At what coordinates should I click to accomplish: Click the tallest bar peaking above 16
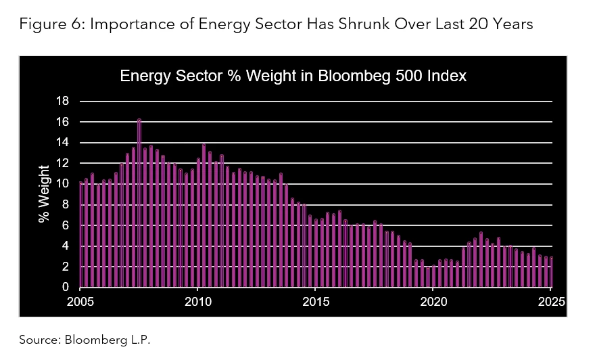(x=139, y=203)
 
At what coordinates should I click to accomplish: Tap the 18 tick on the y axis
(x=62, y=102)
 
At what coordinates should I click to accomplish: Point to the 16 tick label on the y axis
(x=62, y=122)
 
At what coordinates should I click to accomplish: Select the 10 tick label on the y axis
(x=62, y=184)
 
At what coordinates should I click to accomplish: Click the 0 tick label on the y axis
(x=66, y=288)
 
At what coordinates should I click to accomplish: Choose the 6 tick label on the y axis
(x=66, y=225)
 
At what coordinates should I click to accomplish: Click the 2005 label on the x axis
(x=80, y=301)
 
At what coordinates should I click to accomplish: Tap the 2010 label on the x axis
(x=197, y=301)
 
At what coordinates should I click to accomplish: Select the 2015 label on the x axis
(x=316, y=301)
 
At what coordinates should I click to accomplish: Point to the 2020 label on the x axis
(x=433, y=301)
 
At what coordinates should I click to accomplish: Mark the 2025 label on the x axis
(x=551, y=301)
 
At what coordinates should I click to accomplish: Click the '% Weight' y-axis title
(x=44, y=194)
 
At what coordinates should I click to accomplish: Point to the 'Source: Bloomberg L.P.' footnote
(x=85, y=340)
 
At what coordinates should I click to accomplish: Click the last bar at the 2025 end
(x=552, y=272)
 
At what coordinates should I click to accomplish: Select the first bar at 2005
(x=81, y=235)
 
